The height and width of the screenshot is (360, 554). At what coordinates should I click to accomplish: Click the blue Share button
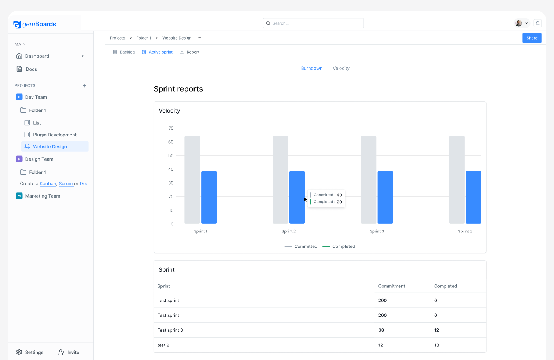tap(532, 38)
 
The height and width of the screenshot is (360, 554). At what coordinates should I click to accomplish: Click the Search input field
tap(313, 23)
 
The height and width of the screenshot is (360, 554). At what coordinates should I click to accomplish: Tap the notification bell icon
tap(538, 23)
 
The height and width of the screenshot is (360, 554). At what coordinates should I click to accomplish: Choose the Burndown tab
tap(312, 69)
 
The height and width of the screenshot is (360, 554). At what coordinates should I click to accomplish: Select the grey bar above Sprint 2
tap(280, 180)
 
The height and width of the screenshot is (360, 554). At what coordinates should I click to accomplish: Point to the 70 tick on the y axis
tap(171, 128)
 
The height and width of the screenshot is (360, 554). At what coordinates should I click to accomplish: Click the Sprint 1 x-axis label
tap(200, 231)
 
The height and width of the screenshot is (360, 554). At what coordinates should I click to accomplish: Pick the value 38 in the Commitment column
tap(381, 330)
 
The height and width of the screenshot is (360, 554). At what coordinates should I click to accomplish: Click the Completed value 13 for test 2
tap(436, 345)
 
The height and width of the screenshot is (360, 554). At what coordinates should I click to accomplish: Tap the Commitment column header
tap(391, 286)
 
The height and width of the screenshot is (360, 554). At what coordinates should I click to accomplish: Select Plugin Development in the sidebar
tap(55, 135)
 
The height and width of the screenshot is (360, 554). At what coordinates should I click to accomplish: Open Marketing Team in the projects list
tap(43, 196)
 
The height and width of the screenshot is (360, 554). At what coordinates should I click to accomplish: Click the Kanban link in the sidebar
tap(48, 184)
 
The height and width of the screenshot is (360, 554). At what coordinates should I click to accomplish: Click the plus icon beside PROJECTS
tap(85, 86)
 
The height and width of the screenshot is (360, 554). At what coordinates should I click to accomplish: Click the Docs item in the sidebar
tap(31, 69)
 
